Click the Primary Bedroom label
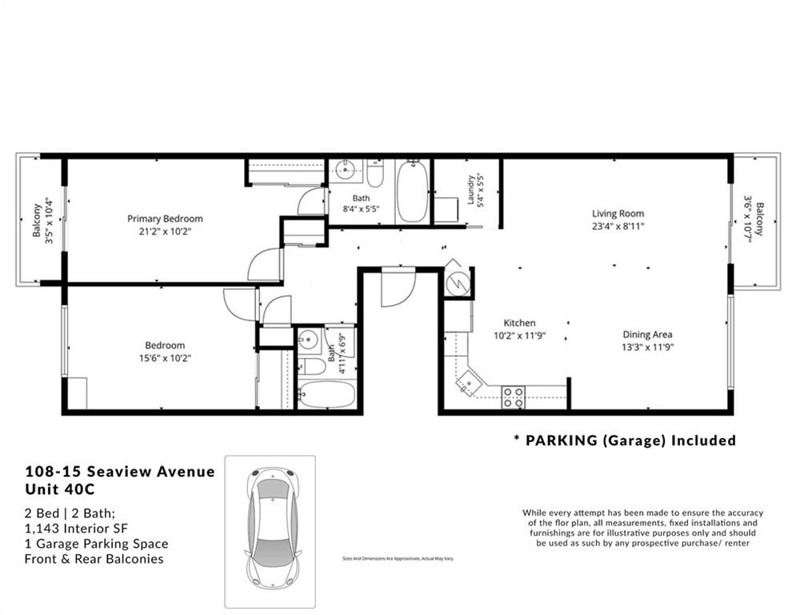tap(165, 219)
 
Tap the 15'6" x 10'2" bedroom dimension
tap(165, 358)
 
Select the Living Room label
tap(618, 214)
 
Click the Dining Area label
tap(647, 335)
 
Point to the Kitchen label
tap(519, 323)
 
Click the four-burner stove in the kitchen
tap(513, 396)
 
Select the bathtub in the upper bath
tap(413, 192)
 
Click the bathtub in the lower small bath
tap(326, 394)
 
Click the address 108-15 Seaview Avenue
tap(120, 472)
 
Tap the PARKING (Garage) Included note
tap(624, 440)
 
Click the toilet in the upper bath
tap(375, 173)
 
